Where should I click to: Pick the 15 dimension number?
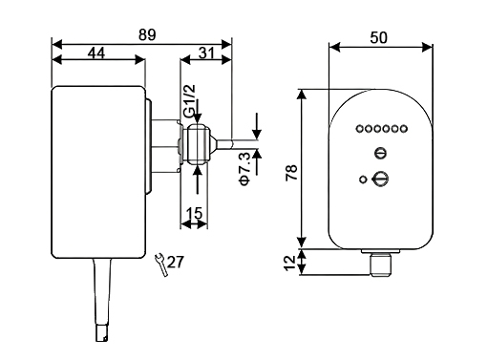click(194, 215)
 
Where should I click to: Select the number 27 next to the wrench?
click(175, 261)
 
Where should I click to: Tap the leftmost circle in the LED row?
click(358, 129)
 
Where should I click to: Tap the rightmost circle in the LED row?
click(404, 129)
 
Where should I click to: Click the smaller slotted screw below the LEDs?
click(380, 154)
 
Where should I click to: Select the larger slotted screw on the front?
click(380, 178)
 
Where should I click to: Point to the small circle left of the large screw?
click(362, 179)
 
